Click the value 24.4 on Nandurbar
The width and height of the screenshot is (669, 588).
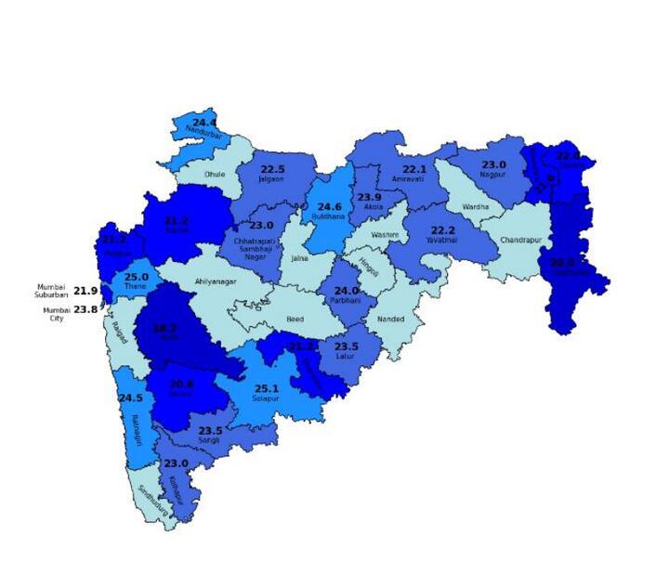(x=204, y=123)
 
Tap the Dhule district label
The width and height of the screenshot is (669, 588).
(x=215, y=173)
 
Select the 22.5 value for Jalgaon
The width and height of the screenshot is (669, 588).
(x=272, y=169)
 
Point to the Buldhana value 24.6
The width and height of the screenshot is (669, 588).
(x=330, y=206)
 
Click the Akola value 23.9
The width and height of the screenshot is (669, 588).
(x=370, y=197)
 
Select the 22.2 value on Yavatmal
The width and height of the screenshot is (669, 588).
(x=442, y=230)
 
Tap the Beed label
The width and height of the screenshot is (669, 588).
(x=295, y=319)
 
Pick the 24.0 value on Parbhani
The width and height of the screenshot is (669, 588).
(x=346, y=290)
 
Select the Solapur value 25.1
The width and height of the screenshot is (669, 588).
(x=267, y=388)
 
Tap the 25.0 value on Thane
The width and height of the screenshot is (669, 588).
(x=137, y=277)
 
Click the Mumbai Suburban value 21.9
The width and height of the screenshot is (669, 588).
(x=85, y=291)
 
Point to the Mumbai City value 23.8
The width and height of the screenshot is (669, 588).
(x=85, y=309)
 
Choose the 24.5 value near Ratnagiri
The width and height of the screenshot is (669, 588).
(x=130, y=398)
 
